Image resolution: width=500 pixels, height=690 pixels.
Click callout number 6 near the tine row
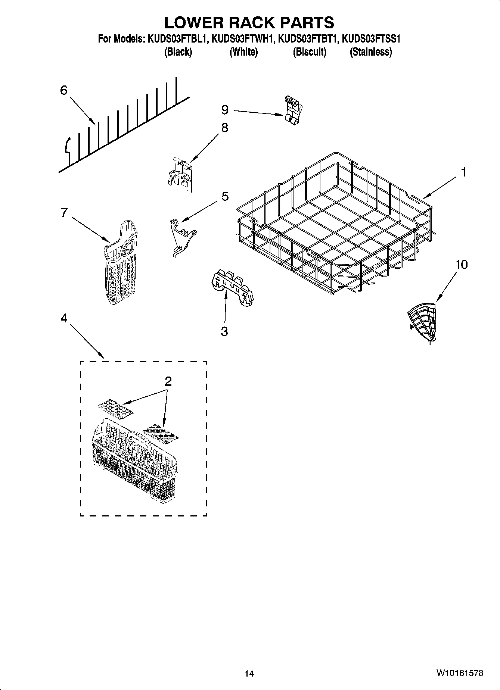coord(64,90)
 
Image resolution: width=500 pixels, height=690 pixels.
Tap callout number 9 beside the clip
coord(224,110)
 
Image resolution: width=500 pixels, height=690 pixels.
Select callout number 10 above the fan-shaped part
coord(461,265)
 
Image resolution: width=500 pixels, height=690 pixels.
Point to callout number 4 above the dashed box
coord(64,318)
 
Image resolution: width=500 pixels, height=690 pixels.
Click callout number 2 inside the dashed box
coord(168,381)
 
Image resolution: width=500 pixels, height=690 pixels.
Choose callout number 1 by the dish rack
coord(463,172)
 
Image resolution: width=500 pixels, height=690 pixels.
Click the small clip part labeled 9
coord(292,109)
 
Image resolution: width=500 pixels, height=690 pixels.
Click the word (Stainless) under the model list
coord(370,52)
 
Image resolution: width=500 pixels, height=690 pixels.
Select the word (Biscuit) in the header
coord(309,52)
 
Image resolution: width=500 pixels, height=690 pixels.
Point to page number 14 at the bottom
coord(249,673)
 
